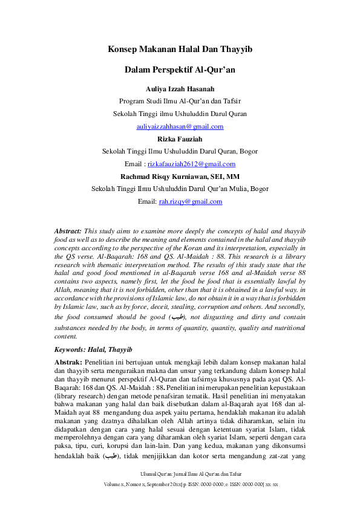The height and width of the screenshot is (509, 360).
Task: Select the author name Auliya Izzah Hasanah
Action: coord(180,89)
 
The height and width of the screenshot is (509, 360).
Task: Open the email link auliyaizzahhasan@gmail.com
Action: coord(180,126)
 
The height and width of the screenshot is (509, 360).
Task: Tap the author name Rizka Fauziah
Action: coord(180,139)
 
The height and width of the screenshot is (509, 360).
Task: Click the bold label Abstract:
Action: coord(68,232)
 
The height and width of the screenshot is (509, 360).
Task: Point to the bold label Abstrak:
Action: coord(68,361)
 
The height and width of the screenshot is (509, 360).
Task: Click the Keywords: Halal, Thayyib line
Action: coord(93,349)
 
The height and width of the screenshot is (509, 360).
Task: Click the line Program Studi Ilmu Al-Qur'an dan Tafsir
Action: coord(180,101)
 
